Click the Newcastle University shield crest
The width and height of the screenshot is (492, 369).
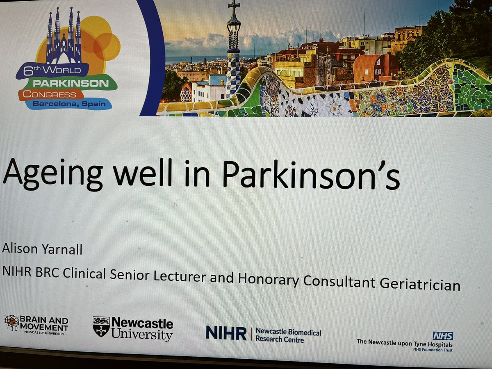(x=101, y=326)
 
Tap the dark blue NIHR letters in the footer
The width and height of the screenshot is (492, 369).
(x=226, y=333)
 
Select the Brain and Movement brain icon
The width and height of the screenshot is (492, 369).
(x=12, y=323)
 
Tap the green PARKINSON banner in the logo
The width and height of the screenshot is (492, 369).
(x=76, y=84)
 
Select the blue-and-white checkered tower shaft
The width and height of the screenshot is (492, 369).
(x=233, y=72)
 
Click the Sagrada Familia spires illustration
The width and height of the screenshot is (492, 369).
(x=64, y=37)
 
